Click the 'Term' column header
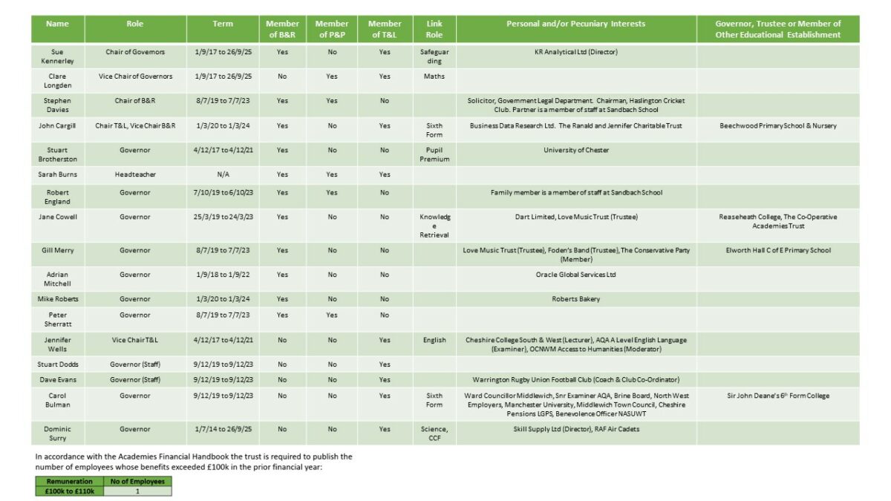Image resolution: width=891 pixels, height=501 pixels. pos(223,24)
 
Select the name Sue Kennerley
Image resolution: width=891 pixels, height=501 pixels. pos(57,57)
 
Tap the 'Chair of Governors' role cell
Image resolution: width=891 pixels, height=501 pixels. pos(135,52)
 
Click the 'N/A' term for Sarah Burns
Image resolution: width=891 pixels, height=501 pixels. pos(223,175)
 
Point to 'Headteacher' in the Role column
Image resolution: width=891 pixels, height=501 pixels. pos(135,175)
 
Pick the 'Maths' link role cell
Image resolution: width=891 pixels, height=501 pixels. pos(434,76)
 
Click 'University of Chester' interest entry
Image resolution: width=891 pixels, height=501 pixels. pos(576,151)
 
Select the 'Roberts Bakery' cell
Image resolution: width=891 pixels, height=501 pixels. pos(576,299)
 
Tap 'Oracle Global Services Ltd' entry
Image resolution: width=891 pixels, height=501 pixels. pos(576,275)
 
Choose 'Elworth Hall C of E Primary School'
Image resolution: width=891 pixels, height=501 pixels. pos(778,250)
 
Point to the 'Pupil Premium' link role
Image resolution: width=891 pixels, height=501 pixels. pos(434,155)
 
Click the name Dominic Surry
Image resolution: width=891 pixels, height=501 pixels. pos(57,433)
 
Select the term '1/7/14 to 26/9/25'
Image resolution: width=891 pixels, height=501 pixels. pos(223,429)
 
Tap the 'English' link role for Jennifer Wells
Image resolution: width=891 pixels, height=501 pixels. pos(434,341)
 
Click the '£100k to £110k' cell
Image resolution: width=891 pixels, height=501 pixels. pos(69,491)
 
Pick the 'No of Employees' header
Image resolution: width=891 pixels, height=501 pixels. pos(137,481)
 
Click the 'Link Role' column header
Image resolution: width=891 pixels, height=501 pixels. pos(434,29)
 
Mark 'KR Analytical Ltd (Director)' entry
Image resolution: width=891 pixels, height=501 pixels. pos(576,52)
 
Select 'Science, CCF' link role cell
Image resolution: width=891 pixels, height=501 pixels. pos(434,433)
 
